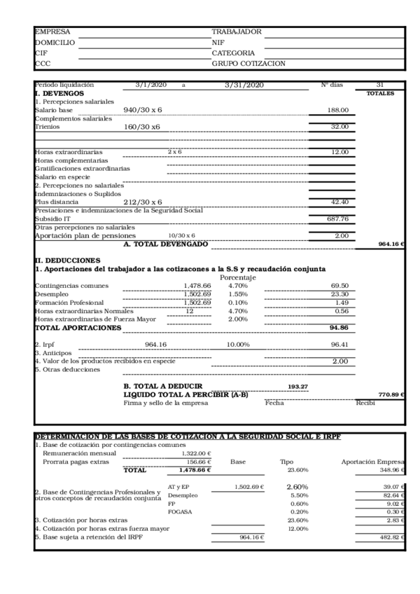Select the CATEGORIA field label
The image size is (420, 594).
[233, 53]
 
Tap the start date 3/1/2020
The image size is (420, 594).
[150, 85]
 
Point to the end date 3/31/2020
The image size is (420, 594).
[244, 85]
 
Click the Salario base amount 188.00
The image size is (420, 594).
[339, 111]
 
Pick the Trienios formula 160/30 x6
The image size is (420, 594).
[142, 127]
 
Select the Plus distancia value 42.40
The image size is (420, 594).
[339, 202]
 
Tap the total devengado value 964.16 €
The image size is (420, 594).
[391, 244]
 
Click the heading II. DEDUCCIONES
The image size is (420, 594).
[65, 260]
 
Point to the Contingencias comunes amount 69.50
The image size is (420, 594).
[339, 286]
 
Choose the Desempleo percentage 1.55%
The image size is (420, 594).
[238, 294]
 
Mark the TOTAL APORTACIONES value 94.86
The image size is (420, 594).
[339, 328]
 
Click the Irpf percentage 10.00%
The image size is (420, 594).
[238, 345]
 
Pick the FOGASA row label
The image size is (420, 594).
[180, 512]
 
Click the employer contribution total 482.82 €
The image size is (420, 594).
[388, 537]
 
